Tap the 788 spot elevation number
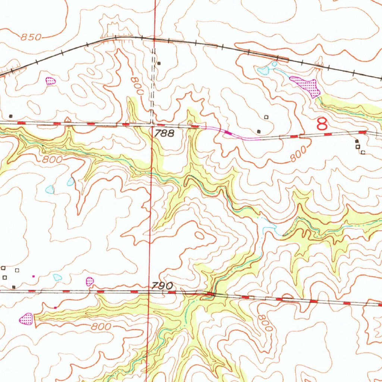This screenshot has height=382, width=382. point(164,133)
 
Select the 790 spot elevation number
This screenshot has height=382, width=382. point(162,286)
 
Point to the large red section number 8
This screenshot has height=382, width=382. point(322,124)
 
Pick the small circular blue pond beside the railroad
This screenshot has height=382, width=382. point(275,64)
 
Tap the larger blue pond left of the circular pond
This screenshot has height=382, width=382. point(264,70)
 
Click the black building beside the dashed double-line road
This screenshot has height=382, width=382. point(159,63)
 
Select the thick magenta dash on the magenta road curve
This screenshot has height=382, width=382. point(228,132)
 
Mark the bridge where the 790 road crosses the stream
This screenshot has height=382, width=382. point(210,294)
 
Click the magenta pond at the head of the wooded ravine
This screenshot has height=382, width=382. point(26,319)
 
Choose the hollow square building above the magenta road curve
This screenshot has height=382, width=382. point(266,117)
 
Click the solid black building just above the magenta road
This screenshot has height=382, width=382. point(259,131)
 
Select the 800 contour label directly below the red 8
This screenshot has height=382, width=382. point(299,154)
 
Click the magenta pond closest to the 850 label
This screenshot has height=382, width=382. point(50,81)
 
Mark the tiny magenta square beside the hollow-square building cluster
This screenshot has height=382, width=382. point(34,276)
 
